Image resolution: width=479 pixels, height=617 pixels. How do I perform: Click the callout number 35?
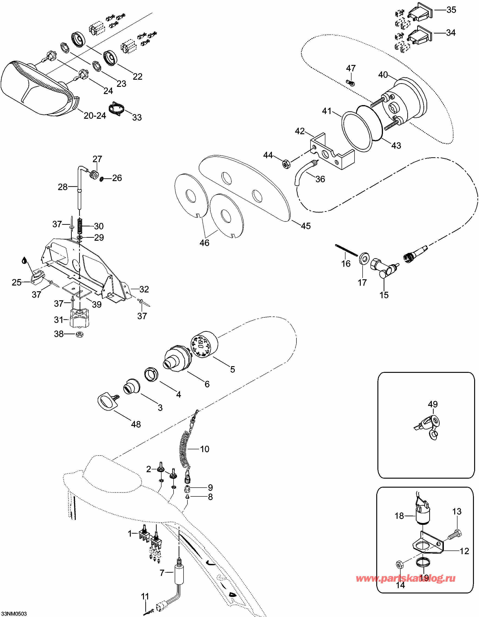click(451, 10)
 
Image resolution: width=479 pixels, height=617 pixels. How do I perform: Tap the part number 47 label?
click(351, 68)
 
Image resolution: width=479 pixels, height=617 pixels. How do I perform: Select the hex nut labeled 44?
click(286, 164)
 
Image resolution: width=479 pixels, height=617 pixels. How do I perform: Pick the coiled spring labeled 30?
click(80, 226)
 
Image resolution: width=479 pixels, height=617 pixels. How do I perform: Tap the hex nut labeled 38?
click(80, 334)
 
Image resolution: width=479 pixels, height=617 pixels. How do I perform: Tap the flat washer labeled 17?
click(364, 259)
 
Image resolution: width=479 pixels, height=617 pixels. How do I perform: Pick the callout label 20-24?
click(95, 115)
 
